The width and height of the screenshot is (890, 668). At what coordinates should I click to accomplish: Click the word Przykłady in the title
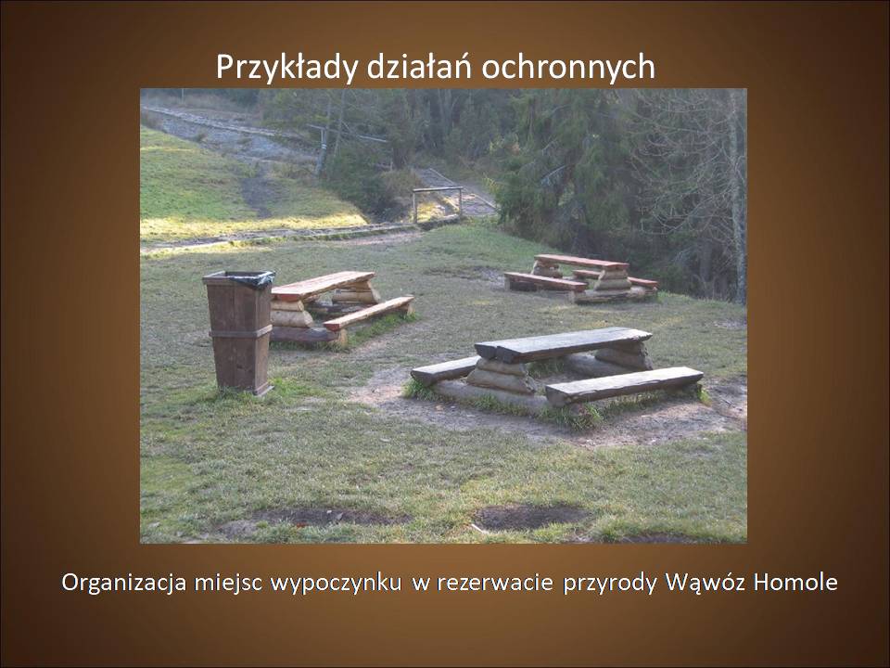point(287,68)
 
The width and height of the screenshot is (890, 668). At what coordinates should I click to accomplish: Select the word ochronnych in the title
point(568,67)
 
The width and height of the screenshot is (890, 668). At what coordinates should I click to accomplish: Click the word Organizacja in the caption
point(123,584)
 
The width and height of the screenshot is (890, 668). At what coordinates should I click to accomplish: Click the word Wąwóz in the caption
point(705,584)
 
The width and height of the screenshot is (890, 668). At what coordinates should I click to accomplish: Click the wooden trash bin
point(239,332)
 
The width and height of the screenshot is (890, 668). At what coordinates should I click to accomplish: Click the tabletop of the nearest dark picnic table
point(564,343)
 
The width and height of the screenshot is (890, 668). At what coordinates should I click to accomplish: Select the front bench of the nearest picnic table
point(624,384)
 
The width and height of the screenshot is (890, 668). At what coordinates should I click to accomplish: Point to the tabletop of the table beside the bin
point(324,284)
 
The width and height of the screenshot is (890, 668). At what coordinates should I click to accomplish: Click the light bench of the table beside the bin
point(369,314)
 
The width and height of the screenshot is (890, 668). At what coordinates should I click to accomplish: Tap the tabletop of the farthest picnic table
point(581,262)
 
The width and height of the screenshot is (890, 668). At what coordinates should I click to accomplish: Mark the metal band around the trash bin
point(241,333)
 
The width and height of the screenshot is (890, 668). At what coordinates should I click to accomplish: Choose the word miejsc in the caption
point(228,584)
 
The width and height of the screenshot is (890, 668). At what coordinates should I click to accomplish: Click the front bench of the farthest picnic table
point(545,281)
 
